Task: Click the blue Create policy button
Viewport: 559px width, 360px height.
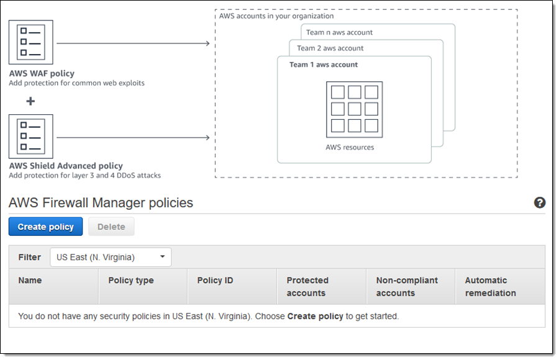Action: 45,227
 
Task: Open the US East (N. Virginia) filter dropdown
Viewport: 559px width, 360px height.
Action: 111,257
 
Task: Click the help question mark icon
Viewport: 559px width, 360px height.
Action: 539,203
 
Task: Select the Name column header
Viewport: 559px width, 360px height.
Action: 30,281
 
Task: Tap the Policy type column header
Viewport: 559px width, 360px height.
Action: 130,281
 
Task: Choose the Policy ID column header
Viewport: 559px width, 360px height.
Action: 215,281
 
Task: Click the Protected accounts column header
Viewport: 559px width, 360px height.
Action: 307,287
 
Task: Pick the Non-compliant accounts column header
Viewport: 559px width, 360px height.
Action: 407,287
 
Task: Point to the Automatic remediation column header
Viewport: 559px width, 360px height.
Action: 490,287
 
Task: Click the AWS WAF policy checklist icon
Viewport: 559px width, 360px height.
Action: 31,42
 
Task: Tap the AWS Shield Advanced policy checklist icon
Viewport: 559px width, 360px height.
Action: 31,136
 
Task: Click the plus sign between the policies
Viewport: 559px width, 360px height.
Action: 30,101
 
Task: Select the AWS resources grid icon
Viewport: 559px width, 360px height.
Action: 354,109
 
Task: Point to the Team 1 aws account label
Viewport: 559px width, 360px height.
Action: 324,65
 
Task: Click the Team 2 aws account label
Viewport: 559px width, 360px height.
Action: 330,48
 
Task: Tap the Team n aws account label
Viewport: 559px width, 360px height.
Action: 339,32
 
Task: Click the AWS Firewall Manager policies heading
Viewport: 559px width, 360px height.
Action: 101,203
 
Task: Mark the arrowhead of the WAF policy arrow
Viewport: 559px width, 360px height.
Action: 207,43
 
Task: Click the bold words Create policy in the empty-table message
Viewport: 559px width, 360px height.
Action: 315,316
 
